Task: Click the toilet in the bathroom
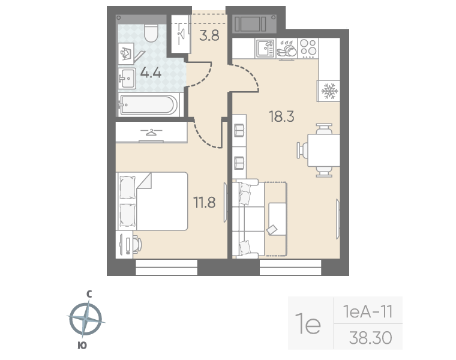coord(151,33)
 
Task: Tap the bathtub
coord(148,104)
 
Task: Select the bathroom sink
coord(127,79)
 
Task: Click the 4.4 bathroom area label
coord(151,73)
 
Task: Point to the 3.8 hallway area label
coord(209,36)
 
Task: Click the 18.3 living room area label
coord(281,116)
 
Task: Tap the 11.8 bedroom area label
coord(205,202)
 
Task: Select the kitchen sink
coord(265,48)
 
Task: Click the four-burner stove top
coord(308,47)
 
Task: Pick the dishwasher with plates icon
coord(286,48)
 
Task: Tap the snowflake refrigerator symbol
coord(329,91)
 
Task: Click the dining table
coord(323,150)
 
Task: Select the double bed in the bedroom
coord(152,201)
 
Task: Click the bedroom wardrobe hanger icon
coord(151,133)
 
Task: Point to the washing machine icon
coord(126,54)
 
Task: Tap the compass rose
coord(86,319)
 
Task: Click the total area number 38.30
coord(371,338)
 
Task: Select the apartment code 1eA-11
coord(368,312)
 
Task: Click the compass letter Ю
coord(82,345)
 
